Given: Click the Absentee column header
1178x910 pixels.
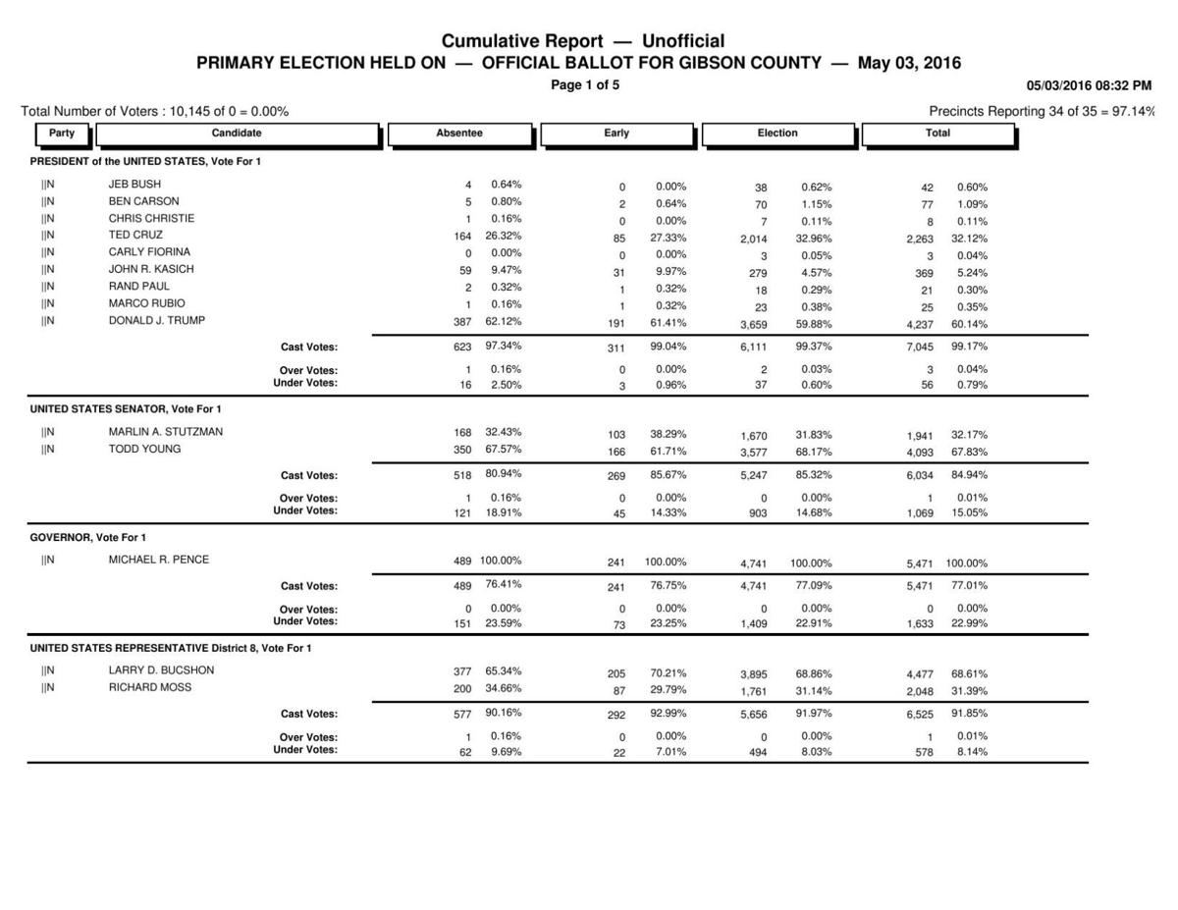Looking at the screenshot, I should [x=459, y=134].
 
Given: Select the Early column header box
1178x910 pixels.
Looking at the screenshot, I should [x=616, y=134].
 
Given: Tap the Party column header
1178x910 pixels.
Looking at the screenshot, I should [x=62, y=134].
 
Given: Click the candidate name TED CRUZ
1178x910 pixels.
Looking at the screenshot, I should [x=135, y=236].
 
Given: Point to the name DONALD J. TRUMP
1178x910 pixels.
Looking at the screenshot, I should [x=156, y=320].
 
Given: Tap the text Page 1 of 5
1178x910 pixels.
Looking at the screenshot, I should [x=585, y=85].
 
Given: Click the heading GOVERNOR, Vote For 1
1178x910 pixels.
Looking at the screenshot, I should [x=88, y=538].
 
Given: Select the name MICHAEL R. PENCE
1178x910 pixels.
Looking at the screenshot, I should [x=158, y=560].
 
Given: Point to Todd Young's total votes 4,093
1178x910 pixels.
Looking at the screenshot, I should [x=920, y=453].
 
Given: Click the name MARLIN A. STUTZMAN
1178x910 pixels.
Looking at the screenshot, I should [x=165, y=432].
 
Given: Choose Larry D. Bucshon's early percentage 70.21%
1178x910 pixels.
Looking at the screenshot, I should [x=668, y=674].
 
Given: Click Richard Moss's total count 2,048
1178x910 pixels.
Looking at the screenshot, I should [x=920, y=692].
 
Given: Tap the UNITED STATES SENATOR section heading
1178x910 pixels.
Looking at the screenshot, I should [x=126, y=408].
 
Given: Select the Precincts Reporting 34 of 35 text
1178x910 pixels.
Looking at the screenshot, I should [x=1041, y=112].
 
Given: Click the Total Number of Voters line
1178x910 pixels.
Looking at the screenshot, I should [x=154, y=112].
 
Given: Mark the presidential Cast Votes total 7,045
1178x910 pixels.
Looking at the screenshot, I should [x=920, y=348].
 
